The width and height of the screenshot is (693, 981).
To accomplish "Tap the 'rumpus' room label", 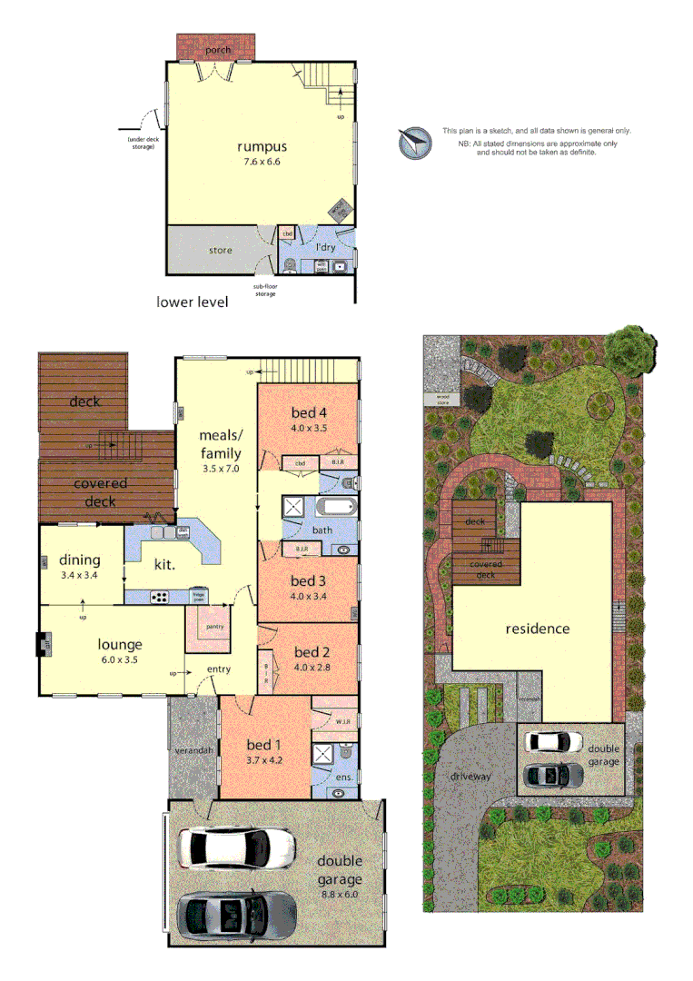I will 262,147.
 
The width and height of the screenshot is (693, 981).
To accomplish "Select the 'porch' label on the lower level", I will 218,49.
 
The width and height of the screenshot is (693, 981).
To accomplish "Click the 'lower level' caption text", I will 192,301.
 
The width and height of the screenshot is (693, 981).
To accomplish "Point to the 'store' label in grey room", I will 221,250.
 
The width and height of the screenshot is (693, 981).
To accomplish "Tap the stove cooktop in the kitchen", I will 160,597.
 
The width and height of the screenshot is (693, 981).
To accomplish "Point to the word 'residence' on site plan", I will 538,628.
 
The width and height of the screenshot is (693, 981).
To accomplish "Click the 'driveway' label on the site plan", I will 470,777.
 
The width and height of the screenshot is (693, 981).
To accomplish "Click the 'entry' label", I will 218,669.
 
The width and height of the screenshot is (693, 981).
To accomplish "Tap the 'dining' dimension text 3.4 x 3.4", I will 79,575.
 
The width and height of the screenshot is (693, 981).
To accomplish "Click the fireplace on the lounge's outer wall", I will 41,645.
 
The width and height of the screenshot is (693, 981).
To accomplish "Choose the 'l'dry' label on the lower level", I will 325,247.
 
